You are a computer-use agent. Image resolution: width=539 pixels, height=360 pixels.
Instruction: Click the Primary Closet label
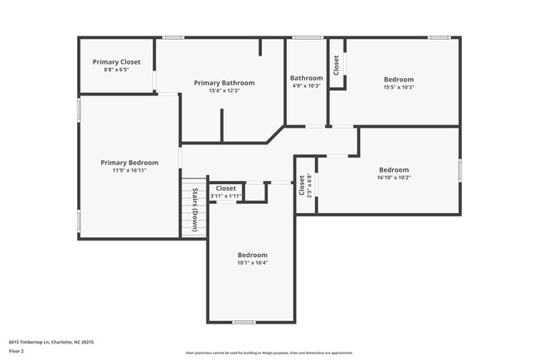tap(116, 62)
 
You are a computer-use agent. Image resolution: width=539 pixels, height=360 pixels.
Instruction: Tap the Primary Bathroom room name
tap(224, 83)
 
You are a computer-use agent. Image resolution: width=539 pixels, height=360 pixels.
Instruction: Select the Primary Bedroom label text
tap(129, 163)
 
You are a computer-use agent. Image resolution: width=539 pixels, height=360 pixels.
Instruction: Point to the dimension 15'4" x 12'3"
tap(224, 90)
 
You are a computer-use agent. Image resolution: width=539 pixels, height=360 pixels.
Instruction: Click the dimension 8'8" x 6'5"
tap(116, 70)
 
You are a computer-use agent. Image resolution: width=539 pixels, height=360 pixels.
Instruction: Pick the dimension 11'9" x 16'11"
tap(129, 170)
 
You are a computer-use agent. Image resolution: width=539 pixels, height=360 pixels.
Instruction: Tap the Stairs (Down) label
tap(194, 210)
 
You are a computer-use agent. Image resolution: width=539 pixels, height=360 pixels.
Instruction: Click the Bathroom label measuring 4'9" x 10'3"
tap(306, 79)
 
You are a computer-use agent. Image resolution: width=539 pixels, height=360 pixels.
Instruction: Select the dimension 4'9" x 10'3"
tap(306, 86)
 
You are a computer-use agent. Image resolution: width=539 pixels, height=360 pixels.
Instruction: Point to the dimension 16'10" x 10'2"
tap(394, 177)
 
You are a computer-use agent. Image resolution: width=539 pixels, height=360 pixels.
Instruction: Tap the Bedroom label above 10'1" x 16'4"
tap(252, 255)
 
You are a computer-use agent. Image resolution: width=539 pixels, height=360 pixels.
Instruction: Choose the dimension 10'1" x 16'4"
tap(252, 262)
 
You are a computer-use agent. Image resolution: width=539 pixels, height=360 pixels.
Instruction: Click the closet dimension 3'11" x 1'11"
tap(226, 196)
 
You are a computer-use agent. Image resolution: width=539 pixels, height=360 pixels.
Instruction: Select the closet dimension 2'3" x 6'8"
tap(308, 184)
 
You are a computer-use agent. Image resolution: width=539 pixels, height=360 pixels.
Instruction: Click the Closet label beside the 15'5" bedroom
tap(336, 65)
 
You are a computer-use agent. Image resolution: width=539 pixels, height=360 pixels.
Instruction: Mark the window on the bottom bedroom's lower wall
tap(243, 322)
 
